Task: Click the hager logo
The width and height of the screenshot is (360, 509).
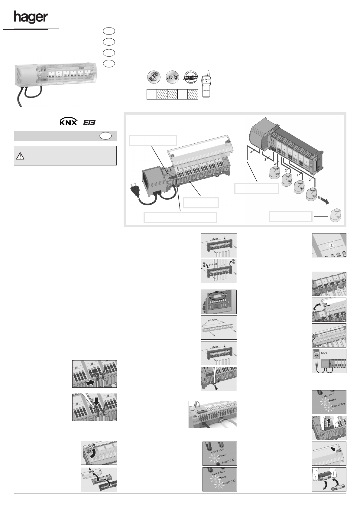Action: (x=31, y=18)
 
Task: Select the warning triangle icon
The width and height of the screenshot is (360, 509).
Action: (x=20, y=156)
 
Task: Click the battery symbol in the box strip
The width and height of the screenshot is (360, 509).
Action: (x=193, y=95)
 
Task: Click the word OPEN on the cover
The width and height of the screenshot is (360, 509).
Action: (x=91, y=446)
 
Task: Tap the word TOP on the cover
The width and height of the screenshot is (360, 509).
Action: (x=91, y=472)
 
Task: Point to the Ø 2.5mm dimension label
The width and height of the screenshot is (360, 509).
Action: (x=214, y=320)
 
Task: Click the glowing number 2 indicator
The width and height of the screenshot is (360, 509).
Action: (x=331, y=246)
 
